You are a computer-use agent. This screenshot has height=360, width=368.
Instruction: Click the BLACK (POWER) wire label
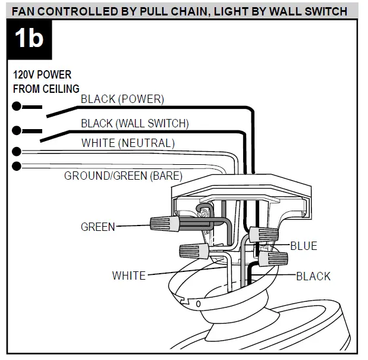point(122,99)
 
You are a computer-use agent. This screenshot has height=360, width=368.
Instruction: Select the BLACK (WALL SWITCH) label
point(134,124)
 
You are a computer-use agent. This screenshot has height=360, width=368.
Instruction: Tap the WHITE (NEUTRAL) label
point(128,143)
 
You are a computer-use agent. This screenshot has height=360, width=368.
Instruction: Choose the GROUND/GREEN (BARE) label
point(123,176)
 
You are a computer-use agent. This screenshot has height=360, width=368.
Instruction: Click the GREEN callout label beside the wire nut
point(98,226)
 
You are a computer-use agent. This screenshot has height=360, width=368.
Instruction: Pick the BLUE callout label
point(303,246)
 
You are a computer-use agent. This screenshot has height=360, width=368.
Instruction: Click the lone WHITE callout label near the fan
point(128,276)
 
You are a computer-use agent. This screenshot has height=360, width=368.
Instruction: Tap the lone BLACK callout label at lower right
point(313,276)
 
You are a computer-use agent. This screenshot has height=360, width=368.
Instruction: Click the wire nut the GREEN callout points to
point(165,226)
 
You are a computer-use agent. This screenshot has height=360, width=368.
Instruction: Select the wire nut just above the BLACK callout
point(273,259)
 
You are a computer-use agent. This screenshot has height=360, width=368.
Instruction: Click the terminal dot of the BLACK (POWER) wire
point(17,107)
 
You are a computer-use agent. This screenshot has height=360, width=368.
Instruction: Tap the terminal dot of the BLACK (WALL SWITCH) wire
point(17,130)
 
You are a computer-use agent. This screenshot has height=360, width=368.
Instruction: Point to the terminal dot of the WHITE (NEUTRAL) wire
point(17,152)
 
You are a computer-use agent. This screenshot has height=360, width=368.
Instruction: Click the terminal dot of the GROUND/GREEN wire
point(17,165)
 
